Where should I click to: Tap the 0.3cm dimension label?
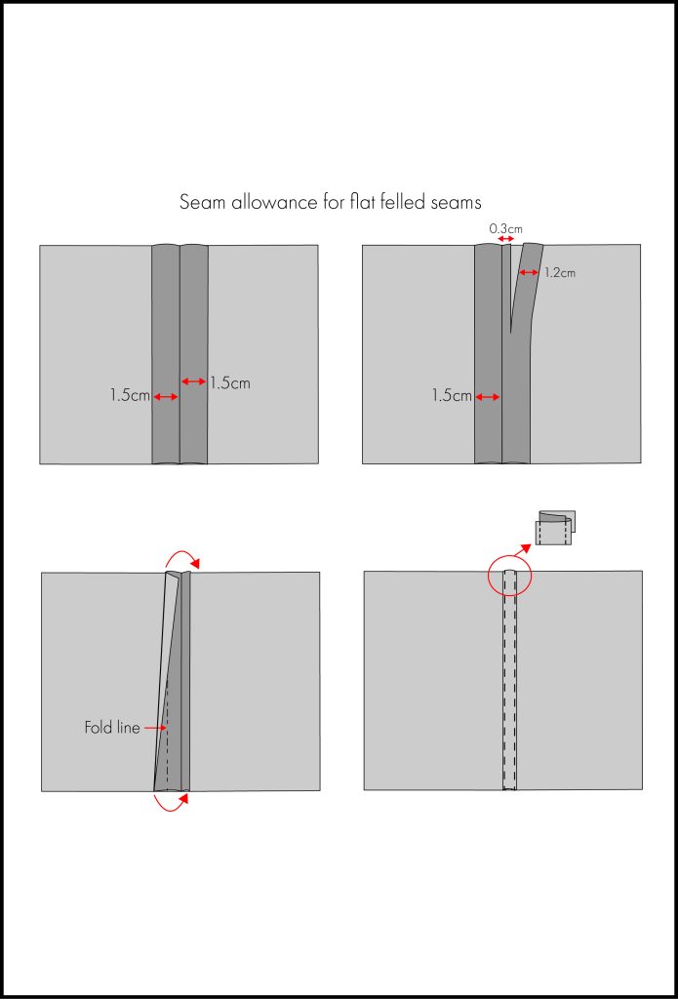coord(505,229)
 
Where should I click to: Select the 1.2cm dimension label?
coord(560,273)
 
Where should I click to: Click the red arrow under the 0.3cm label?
coord(505,239)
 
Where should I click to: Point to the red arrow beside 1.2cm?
coord(529,273)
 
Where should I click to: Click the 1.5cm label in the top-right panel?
coord(452,396)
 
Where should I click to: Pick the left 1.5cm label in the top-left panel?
coord(130,396)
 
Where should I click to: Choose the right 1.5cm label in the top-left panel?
coord(230,382)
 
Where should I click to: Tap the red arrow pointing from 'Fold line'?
coord(154,728)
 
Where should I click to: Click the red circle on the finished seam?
coord(508,576)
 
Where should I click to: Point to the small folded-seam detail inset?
coord(555,528)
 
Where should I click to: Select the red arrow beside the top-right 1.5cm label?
coord(487,397)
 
